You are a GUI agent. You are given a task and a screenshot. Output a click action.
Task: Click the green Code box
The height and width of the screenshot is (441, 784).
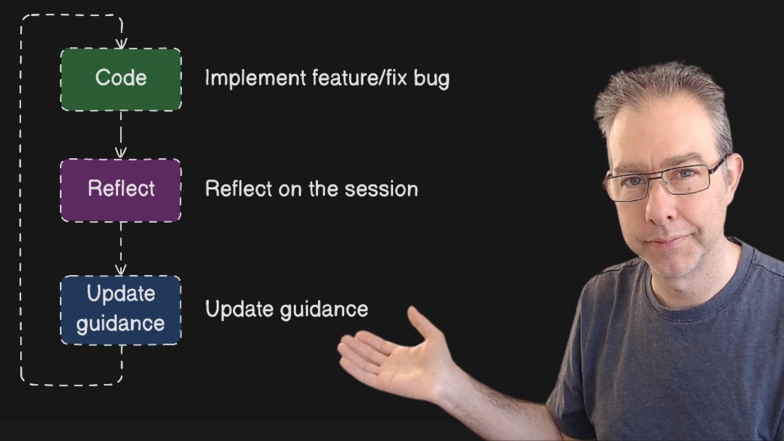tap(121, 79)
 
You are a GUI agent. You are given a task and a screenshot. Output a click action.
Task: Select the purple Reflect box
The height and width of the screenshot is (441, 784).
tap(121, 190)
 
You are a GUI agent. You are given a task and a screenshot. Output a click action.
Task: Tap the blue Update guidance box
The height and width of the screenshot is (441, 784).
tap(121, 309)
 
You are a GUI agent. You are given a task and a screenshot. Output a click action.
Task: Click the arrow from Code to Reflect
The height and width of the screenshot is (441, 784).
tap(121, 135)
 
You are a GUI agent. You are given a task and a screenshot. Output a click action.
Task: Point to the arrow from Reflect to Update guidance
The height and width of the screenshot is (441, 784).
tap(121, 249)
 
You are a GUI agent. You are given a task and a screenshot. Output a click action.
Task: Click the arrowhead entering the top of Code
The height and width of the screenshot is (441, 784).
tap(121, 43)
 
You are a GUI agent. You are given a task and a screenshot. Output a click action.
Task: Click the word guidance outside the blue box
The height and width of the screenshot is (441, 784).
tap(324, 309)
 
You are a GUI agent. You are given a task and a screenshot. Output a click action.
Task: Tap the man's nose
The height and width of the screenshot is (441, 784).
tap(660, 208)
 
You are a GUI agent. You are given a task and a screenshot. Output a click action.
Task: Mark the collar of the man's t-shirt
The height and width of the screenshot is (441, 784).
tap(692, 294)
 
